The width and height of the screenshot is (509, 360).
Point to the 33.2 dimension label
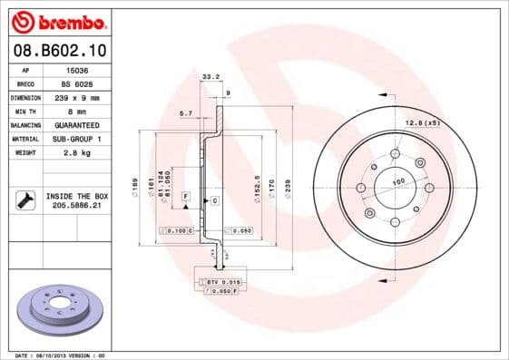pos(210,77)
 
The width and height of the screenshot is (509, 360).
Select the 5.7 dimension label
pos(186,113)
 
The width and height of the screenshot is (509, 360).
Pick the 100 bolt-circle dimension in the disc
pos(397,182)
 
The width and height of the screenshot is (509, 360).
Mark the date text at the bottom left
pos(54,355)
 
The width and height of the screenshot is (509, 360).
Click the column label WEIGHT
pos(26,153)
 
